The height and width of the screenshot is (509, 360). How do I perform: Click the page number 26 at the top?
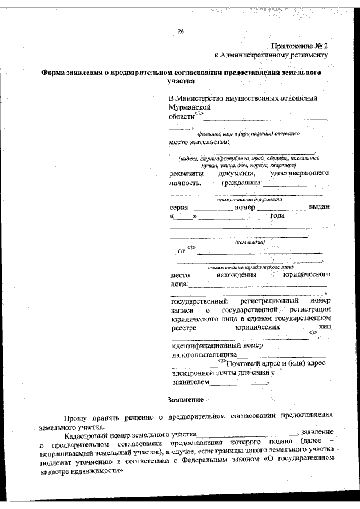pyautogui.click(x=181, y=31)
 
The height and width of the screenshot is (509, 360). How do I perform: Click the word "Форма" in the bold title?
pyautogui.click(x=55, y=73)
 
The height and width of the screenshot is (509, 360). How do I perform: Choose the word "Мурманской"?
pyautogui.click(x=190, y=107)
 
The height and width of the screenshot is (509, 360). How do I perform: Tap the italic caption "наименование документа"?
pyautogui.click(x=249, y=199)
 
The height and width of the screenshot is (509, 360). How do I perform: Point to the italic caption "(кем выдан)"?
pyautogui.click(x=250, y=242)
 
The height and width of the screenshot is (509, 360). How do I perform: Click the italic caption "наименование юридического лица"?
pyautogui.click(x=250, y=268)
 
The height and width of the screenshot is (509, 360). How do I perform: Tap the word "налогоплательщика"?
pyautogui.click(x=204, y=355)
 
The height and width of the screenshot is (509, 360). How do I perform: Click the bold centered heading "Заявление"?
pyautogui.click(x=185, y=400)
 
